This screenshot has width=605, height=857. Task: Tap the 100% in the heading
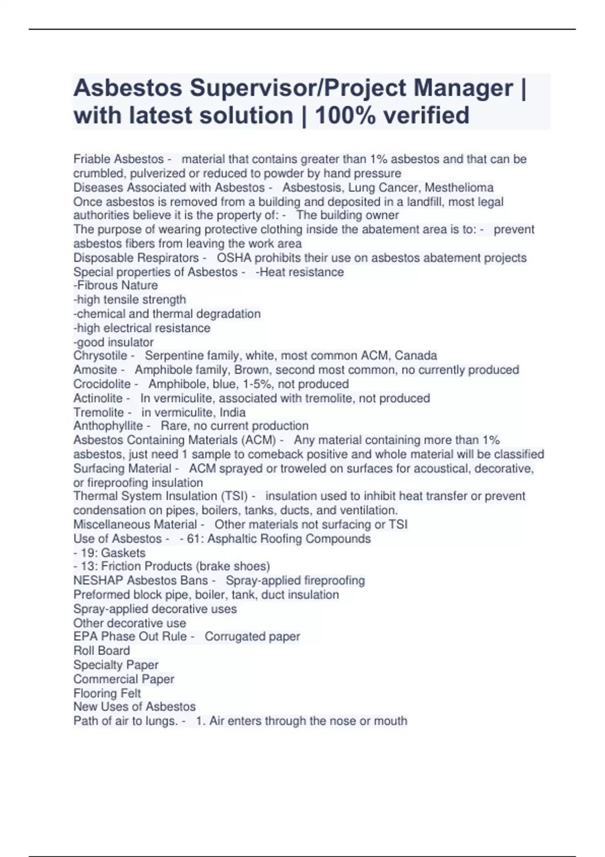[345, 115]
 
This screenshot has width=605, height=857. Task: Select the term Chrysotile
[100, 356]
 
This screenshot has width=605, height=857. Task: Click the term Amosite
[95, 370]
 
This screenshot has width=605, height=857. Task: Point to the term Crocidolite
[102, 384]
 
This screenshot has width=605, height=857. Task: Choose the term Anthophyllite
[108, 426]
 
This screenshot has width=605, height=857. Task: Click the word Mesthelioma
[459, 188]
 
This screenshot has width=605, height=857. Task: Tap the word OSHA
[234, 258]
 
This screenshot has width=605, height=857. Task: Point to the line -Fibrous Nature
[115, 285]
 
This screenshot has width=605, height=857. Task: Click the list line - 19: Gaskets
[109, 553]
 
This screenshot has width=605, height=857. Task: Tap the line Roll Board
[101, 651]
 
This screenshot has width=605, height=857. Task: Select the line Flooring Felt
[107, 694]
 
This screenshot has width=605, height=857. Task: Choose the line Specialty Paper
[115, 665]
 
